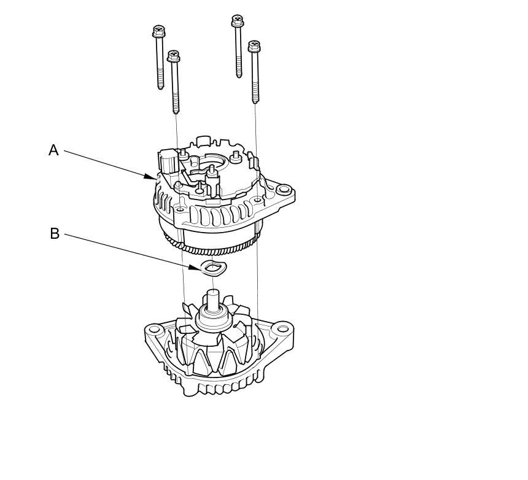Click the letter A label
pos(54,150)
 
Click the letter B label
pos(55,233)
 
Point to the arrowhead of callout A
pos(155,178)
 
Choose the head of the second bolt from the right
pos(238,21)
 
